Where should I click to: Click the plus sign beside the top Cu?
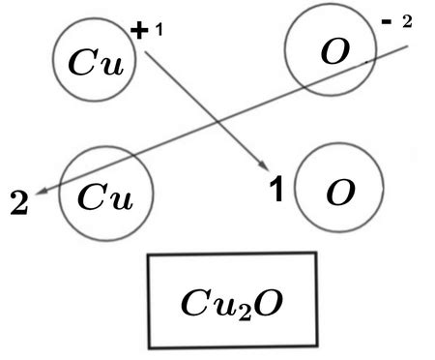(139, 31)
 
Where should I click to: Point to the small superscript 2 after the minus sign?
(408, 23)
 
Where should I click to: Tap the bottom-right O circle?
(337, 193)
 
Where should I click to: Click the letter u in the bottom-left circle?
(118, 197)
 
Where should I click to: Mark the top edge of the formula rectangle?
(232, 254)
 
